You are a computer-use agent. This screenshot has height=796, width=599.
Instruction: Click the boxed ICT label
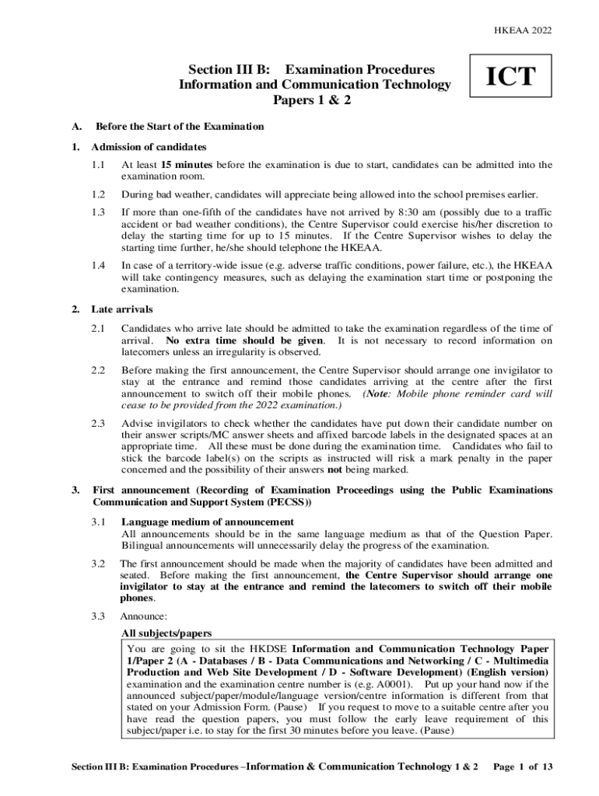510,77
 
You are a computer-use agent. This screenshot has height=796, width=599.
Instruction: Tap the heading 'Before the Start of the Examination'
179,126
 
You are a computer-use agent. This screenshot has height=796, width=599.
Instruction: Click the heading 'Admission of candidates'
149,147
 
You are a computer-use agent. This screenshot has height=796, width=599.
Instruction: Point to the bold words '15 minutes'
187,165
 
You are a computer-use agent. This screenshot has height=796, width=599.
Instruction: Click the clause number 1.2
97,194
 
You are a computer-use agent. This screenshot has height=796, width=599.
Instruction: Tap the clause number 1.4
97,265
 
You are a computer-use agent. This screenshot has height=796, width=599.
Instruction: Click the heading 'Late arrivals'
122,309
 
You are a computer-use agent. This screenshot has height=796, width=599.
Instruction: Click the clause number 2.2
97,370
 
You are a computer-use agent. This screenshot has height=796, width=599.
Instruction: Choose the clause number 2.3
97,423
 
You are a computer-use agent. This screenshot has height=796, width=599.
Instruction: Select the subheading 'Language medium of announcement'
208,522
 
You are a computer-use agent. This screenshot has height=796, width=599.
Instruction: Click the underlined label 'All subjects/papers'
166,633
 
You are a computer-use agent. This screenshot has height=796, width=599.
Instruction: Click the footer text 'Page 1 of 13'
524,766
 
